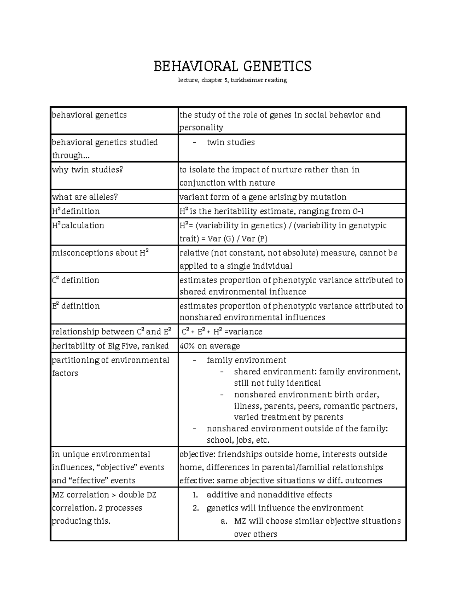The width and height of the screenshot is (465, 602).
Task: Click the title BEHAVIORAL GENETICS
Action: (x=232, y=66)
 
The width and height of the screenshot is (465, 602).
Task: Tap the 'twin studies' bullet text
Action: (x=231, y=143)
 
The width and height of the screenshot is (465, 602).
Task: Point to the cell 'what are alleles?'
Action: (x=85, y=197)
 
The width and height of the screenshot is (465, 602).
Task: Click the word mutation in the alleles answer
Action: (x=328, y=197)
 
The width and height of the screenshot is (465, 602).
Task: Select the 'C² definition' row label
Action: (x=76, y=280)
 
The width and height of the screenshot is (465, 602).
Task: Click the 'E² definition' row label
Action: (x=76, y=306)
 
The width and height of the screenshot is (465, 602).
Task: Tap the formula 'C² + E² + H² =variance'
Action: (x=222, y=332)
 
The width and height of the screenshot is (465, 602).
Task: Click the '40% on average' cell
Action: (x=210, y=346)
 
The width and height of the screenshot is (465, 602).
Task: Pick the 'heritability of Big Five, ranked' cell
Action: (x=110, y=346)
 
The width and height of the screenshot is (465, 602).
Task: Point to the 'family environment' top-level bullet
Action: (x=246, y=360)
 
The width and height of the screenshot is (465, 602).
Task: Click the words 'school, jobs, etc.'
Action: (x=238, y=440)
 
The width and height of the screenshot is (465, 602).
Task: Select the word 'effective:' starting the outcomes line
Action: (x=196, y=481)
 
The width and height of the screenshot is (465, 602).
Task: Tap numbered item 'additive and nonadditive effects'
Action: (x=269, y=495)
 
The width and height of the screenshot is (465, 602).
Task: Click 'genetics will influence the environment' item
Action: (x=285, y=508)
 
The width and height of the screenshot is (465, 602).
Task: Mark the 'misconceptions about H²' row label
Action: (x=100, y=253)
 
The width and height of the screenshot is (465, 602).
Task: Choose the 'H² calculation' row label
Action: (x=78, y=226)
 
